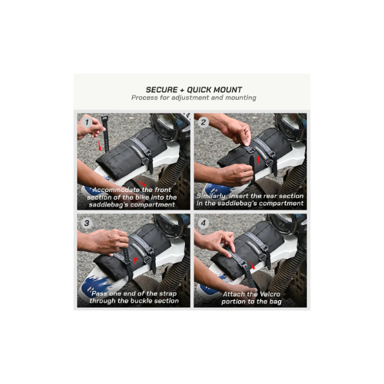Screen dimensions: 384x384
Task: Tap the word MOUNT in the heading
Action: click(x=228, y=90)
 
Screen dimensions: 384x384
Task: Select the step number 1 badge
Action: click(x=87, y=122)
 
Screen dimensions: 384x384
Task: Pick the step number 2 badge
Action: click(x=204, y=122)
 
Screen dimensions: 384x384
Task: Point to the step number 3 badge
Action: click(x=87, y=223)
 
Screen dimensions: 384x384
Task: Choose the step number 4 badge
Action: click(x=204, y=223)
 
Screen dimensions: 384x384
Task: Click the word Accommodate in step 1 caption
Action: click(x=116, y=190)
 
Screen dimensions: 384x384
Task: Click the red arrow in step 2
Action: click(x=258, y=161)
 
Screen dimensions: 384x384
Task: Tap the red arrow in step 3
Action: click(x=135, y=261)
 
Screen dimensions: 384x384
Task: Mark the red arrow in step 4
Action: click(x=253, y=266)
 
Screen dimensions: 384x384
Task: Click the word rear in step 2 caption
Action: click(x=270, y=197)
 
